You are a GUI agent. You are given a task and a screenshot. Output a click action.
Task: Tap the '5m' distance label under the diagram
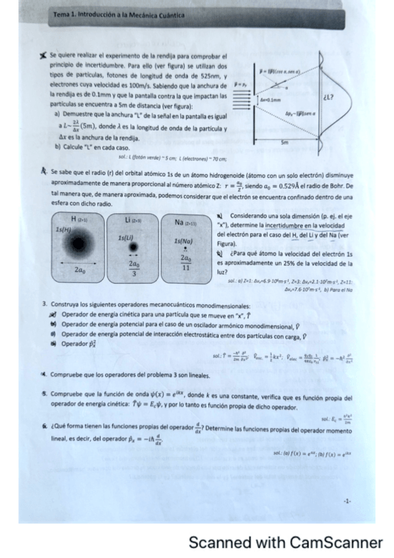click(x=284, y=141)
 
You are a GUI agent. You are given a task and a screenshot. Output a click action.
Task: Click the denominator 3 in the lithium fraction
click(x=134, y=274)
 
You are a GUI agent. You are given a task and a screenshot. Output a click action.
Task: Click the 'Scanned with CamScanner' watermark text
click(x=285, y=542)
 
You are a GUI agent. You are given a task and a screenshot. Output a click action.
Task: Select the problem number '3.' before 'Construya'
click(x=44, y=306)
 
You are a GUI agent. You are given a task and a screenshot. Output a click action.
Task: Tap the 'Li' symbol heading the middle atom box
click(x=129, y=218)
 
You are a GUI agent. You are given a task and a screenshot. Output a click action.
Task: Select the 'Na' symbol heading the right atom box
click(x=180, y=223)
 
